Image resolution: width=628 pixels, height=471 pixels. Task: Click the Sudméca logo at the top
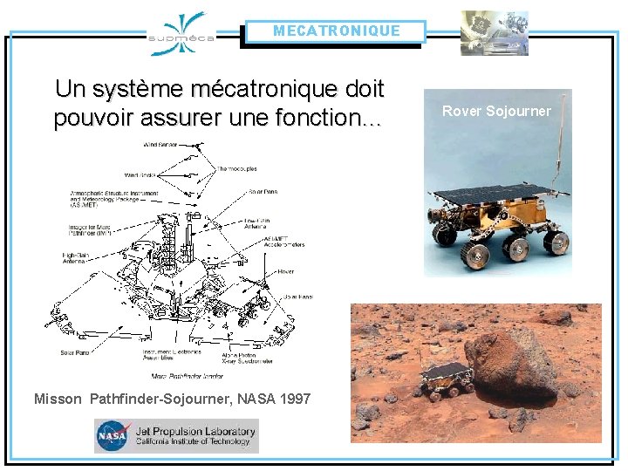pyautogui.click(x=181, y=34)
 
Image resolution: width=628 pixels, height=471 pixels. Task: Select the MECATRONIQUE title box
pyautogui.click(x=336, y=31)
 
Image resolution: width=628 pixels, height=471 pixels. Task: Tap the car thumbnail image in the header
pyautogui.click(x=495, y=33)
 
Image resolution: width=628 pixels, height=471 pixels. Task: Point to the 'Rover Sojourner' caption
pyautogui.click(x=496, y=111)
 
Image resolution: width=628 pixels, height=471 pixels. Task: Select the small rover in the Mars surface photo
pyautogui.click(x=446, y=377)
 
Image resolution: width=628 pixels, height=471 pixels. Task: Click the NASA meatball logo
pyautogui.click(x=113, y=435)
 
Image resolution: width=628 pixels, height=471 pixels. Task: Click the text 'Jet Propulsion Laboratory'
pyautogui.click(x=195, y=430)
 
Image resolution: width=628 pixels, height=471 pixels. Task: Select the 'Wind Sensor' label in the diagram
pyautogui.click(x=161, y=145)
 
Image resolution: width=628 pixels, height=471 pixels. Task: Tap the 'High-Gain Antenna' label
pyautogui.click(x=75, y=257)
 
